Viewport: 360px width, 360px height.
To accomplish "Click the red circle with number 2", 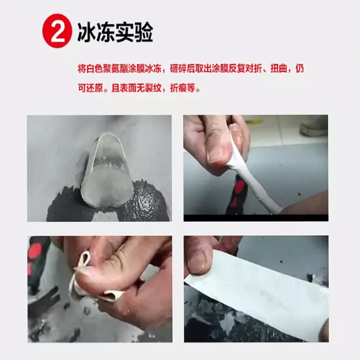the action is pyautogui.click(x=57, y=31).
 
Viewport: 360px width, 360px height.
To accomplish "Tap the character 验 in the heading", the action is pyautogui.click(x=144, y=32).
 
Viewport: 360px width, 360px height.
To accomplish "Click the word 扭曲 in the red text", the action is pyautogui.click(x=279, y=69).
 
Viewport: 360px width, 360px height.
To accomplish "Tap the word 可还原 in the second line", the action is pyautogui.click(x=90, y=88).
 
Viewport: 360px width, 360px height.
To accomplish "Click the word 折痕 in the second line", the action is pyautogui.click(x=179, y=88).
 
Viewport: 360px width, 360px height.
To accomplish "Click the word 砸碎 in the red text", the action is pyautogui.click(x=179, y=69).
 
